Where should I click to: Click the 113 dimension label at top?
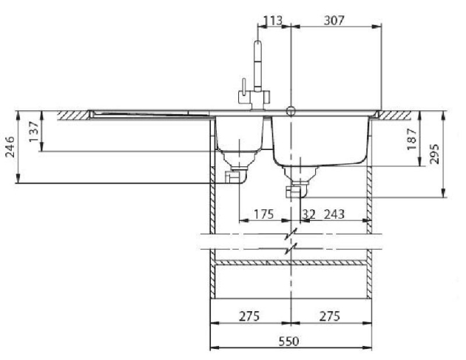point(273,21)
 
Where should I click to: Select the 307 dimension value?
point(334,21)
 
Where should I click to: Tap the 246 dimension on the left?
point(10,146)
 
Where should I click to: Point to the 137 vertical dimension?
point(34,132)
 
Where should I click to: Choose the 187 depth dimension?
point(411,139)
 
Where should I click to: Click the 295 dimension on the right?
point(434,154)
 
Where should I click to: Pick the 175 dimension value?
point(263,214)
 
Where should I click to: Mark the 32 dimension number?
point(308,214)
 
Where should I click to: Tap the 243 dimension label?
point(334,214)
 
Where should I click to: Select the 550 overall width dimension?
point(288,342)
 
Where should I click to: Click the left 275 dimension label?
point(249,316)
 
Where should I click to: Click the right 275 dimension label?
point(330,316)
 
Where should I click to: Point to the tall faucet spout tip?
point(258,41)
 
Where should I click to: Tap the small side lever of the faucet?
point(243,85)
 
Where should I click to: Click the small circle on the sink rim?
point(291,111)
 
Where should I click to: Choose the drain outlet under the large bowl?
point(297,191)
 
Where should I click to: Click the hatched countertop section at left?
point(73,115)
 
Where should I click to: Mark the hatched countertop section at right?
point(394,115)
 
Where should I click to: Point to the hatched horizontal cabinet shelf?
point(291,262)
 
